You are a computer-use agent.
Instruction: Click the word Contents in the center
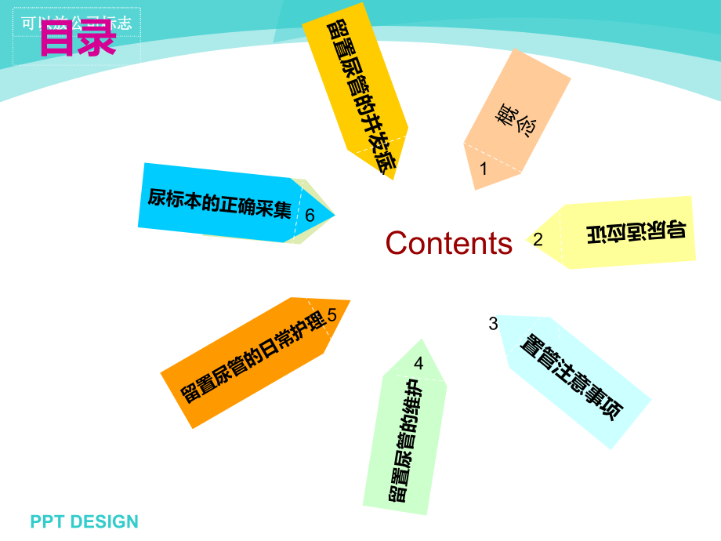click(x=449, y=243)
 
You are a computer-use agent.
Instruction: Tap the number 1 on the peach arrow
click(x=484, y=169)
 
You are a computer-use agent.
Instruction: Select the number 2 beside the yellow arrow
click(x=538, y=240)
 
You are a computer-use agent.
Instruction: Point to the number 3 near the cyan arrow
click(x=493, y=323)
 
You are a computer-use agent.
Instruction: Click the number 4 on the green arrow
click(x=418, y=363)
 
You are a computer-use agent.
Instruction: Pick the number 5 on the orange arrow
click(x=332, y=315)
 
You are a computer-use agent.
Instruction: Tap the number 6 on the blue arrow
click(x=310, y=216)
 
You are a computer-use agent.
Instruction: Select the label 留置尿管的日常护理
click(x=252, y=356)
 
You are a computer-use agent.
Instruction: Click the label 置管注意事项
click(x=573, y=377)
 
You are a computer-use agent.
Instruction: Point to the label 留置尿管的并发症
click(x=361, y=94)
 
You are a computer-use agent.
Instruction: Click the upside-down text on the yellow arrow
click(x=636, y=232)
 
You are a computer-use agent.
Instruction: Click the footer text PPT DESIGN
click(x=85, y=521)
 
